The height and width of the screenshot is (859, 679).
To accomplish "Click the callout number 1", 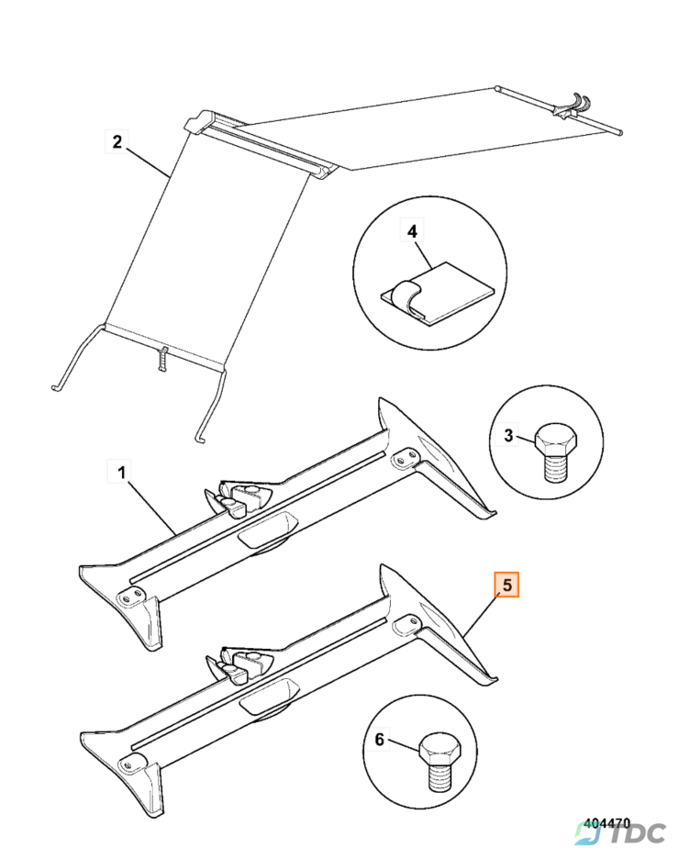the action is [121, 472].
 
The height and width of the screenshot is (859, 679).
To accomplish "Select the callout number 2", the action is [117, 141].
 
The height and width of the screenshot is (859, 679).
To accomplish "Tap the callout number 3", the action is [507, 436].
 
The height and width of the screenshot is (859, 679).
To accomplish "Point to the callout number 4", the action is [412, 231].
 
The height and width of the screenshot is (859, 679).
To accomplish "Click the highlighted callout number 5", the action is [506, 585].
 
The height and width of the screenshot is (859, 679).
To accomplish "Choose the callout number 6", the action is [379, 739].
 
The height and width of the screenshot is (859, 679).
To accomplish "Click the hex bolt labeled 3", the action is [556, 452].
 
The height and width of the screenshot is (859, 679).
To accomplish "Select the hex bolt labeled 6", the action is [440, 762].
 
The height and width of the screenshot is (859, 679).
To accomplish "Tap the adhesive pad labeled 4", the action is [437, 294].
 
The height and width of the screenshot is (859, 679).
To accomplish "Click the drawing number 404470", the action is [607, 823].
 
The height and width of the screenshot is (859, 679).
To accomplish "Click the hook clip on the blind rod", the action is [573, 106].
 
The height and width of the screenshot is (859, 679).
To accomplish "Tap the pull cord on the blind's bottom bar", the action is [162, 357].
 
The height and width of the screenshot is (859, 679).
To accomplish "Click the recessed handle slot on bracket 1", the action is [268, 529].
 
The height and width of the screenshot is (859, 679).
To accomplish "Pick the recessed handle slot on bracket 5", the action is [268, 697].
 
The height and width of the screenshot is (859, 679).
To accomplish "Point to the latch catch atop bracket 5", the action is [239, 664].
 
